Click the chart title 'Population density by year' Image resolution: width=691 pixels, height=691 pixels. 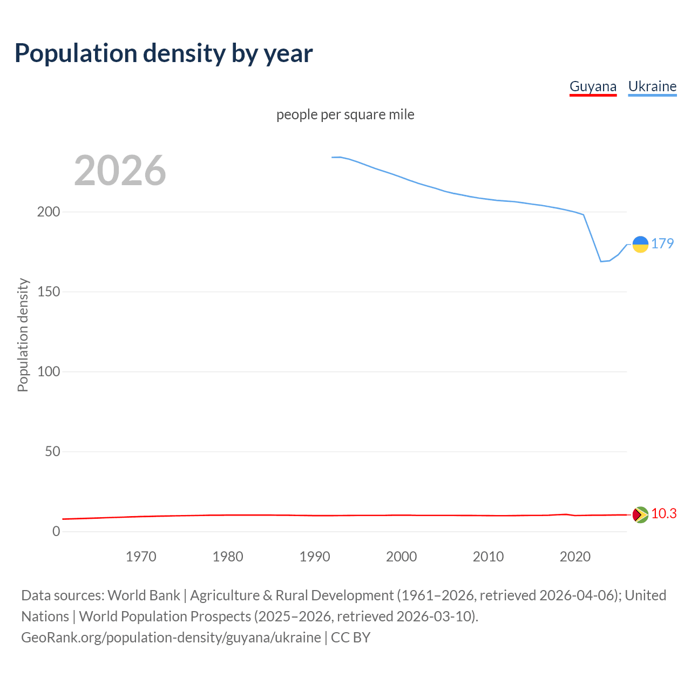pyautogui.click(x=164, y=53)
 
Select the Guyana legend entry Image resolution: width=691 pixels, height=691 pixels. pyautogui.click(x=593, y=86)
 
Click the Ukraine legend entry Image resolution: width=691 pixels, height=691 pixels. pyautogui.click(x=652, y=86)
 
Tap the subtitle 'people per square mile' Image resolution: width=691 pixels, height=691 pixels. pyautogui.click(x=345, y=114)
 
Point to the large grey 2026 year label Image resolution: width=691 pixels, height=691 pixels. pyautogui.click(x=120, y=171)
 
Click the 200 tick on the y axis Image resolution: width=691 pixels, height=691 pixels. pyautogui.click(x=49, y=212)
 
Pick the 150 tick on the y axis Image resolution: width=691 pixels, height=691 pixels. pyautogui.click(x=49, y=292)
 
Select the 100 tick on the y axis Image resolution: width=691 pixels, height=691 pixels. pyautogui.click(x=49, y=371)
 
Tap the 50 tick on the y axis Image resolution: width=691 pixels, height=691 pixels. pyautogui.click(x=52, y=451)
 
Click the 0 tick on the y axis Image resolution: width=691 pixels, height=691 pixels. pyautogui.click(x=56, y=531)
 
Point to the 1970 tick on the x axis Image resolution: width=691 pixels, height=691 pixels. pyautogui.click(x=141, y=557)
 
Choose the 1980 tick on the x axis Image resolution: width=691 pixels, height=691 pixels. pyautogui.click(x=228, y=557)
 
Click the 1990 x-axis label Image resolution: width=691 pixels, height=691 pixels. pyautogui.click(x=315, y=557)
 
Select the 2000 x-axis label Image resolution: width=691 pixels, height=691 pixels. pyautogui.click(x=402, y=557)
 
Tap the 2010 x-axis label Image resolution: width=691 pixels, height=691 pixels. pyautogui.click(x=489, y=557)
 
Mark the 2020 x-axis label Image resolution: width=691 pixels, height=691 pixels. pyautogui.click(x=575, y=557)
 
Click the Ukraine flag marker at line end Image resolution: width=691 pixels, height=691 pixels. pyautogui.click(x=640, y=245)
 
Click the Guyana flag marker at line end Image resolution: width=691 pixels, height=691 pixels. pyautogui.click(x=640, y=514)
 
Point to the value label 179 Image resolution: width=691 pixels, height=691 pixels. pyautogui.click(x=662, y=243)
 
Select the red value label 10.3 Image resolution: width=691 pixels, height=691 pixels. pyautogui.click(x=663, y=513)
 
